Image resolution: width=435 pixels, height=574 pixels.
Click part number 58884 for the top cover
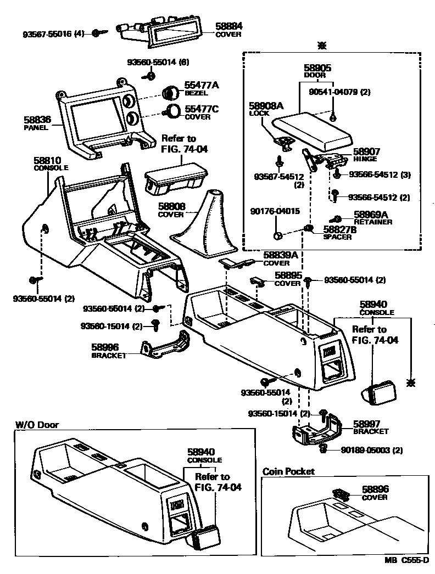229,26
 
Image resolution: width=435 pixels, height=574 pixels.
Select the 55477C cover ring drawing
174,111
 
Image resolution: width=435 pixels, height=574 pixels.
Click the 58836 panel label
36,119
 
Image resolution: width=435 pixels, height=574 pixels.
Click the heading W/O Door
37,425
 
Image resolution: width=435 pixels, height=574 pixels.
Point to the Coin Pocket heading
288,471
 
